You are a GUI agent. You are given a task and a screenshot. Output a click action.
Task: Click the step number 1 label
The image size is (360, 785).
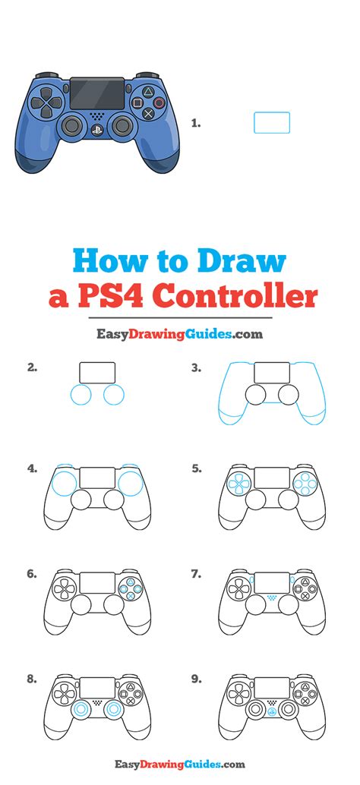point(196,123)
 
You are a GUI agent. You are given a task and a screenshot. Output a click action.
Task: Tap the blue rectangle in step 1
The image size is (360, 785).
point(271,123)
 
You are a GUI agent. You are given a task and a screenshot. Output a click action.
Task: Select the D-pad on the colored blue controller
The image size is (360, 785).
point(50,102)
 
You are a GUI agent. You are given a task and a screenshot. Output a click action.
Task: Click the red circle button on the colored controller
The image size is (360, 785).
point(158,102)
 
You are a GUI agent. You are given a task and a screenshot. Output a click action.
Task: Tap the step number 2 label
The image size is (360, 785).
point(32,368)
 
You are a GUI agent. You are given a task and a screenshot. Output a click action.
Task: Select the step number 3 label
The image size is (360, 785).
point(196,368)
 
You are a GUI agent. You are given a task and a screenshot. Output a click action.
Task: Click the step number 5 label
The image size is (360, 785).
point(196,468)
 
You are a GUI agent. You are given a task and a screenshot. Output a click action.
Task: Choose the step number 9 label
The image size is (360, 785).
point(196,679)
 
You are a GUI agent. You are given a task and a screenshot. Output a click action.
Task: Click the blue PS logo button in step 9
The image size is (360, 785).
point(273,713)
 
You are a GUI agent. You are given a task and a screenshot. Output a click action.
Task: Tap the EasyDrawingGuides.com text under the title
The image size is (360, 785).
point(179,333)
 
